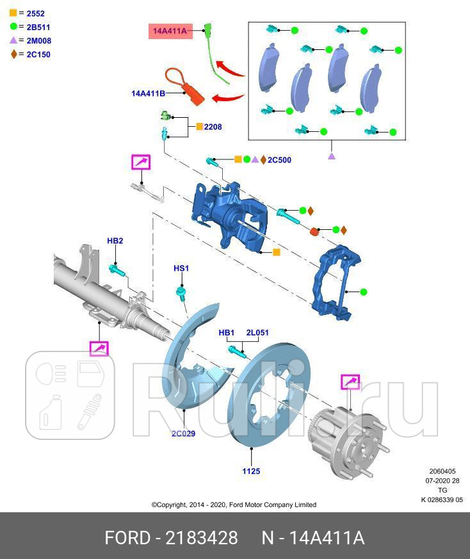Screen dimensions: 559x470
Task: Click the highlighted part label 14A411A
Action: click(x=170, y=31)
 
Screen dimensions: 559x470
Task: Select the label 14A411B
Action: click(x=148, y=93)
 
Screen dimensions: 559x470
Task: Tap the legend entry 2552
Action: click(x=31, y=13)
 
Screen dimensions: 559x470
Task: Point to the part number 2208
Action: click(x=213, y=127)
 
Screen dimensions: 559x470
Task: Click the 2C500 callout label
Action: click(x=279, y=159)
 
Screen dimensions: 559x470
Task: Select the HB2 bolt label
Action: click(x=115, y=241)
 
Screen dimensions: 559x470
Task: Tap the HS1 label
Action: click(x=181, y=268)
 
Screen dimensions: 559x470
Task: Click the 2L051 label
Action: click(x=257, y=332)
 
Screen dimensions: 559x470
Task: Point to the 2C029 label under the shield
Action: click(x=183, y=433)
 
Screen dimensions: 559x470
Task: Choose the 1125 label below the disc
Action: click(x=251, y=471)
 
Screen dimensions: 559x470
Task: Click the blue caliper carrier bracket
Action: click(x=336, y=282)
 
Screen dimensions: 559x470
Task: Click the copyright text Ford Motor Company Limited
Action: click(x=234, y=505)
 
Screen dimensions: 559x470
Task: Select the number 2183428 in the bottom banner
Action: click(x=202, y=537)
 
